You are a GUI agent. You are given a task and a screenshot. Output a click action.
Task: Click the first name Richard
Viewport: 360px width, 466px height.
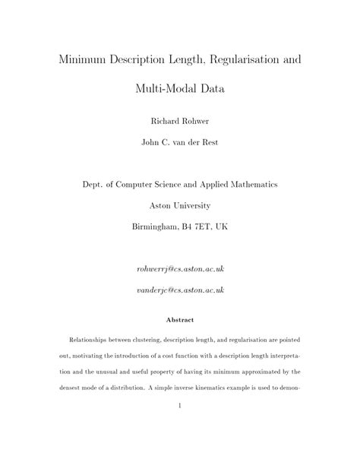point(161,119)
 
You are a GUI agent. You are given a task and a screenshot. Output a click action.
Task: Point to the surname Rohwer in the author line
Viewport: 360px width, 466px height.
point(197,119)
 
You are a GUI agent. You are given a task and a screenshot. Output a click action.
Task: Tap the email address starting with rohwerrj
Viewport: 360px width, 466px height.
point(180,269)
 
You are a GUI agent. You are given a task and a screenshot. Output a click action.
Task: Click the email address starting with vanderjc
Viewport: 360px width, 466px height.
point(180,290)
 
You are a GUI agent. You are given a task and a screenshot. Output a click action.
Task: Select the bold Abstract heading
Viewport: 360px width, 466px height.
point(180,320)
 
